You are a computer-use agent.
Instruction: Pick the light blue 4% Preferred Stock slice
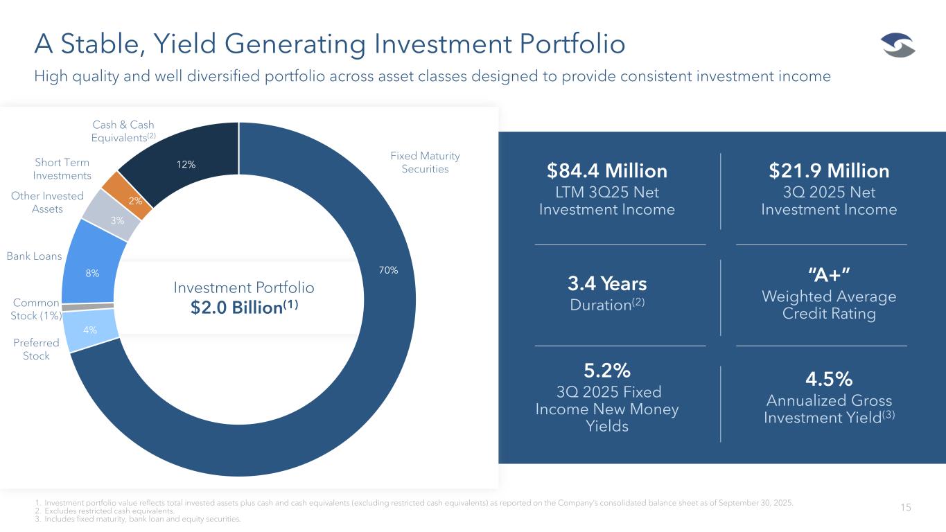click(x=90, y=330)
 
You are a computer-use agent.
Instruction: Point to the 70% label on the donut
click(x=388, y=270)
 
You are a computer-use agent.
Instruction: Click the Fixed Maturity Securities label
click(x=426, y=163)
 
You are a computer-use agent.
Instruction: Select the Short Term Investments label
click(x=63, y=169)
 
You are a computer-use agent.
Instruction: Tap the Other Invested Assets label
click(x=47, y=202)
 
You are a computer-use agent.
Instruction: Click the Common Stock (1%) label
click(x=37, y=310)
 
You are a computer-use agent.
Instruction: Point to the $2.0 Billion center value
click(x=245, y=308)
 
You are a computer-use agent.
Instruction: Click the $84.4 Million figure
click(x=606, y=170)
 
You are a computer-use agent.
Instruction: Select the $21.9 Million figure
click(x=829, y=170)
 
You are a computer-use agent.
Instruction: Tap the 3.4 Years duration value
click(x=606, y=283)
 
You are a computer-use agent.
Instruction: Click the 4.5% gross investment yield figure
click(x=829, y=379)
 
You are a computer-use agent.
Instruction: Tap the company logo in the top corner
click(x=898, y=47)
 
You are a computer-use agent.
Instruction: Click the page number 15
click(x=906, y=508)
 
